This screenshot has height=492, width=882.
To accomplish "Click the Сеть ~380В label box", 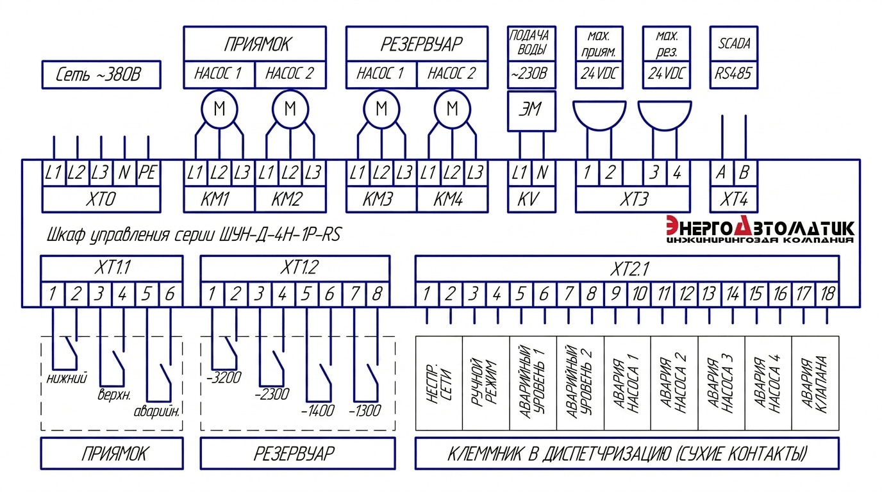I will (101, 76).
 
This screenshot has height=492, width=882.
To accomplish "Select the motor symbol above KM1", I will (220, 110).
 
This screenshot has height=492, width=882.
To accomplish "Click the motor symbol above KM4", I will (453, 110).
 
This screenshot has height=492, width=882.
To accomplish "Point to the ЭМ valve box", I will (530, 110).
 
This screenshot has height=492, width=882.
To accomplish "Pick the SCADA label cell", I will (734, 44).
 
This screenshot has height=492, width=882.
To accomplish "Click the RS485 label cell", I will (734, 74).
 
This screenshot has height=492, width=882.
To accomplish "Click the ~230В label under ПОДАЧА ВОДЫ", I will (530, 74).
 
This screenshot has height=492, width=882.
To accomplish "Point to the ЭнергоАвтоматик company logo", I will (760, 231).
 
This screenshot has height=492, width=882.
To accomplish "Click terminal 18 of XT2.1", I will (828, 295).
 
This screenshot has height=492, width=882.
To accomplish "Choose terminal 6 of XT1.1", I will (170, 295).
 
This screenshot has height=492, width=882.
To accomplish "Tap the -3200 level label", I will (224, 378).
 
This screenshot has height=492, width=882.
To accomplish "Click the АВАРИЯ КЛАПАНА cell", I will (815, 382).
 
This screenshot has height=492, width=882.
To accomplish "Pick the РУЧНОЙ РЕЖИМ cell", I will (485, 382).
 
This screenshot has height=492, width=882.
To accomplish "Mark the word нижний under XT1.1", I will (67, 378).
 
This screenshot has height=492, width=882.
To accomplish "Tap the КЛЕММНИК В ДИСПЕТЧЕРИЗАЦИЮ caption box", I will (627, 455).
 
